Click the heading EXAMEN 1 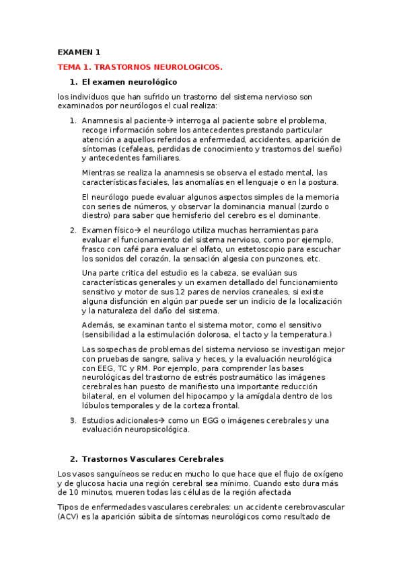[x=79, y=52]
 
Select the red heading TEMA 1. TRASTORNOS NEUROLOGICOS [x=140, y=67]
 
